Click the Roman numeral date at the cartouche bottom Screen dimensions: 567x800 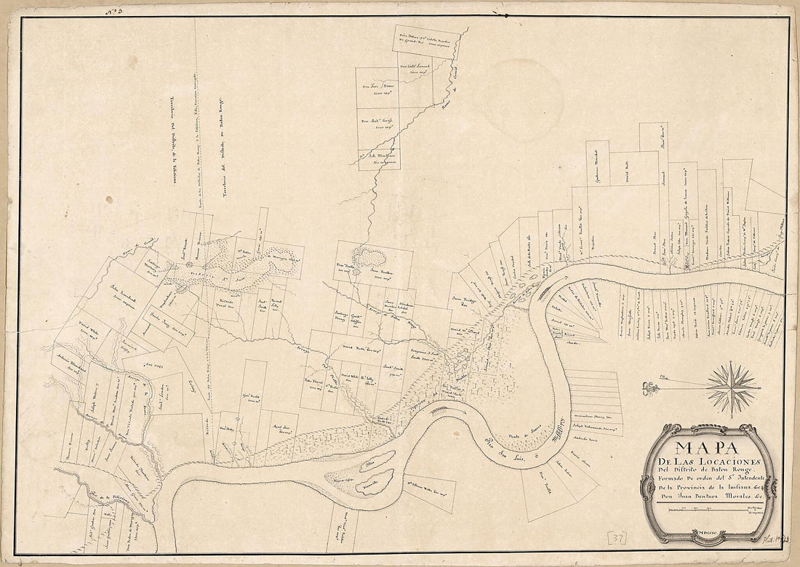pyautogui.click(x=710, y=534)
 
